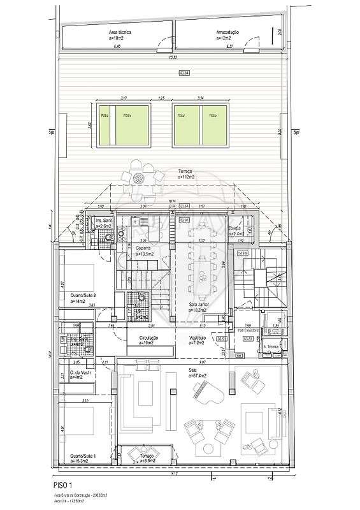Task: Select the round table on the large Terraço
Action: click(141, 177)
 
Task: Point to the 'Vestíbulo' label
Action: click(198, 337)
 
